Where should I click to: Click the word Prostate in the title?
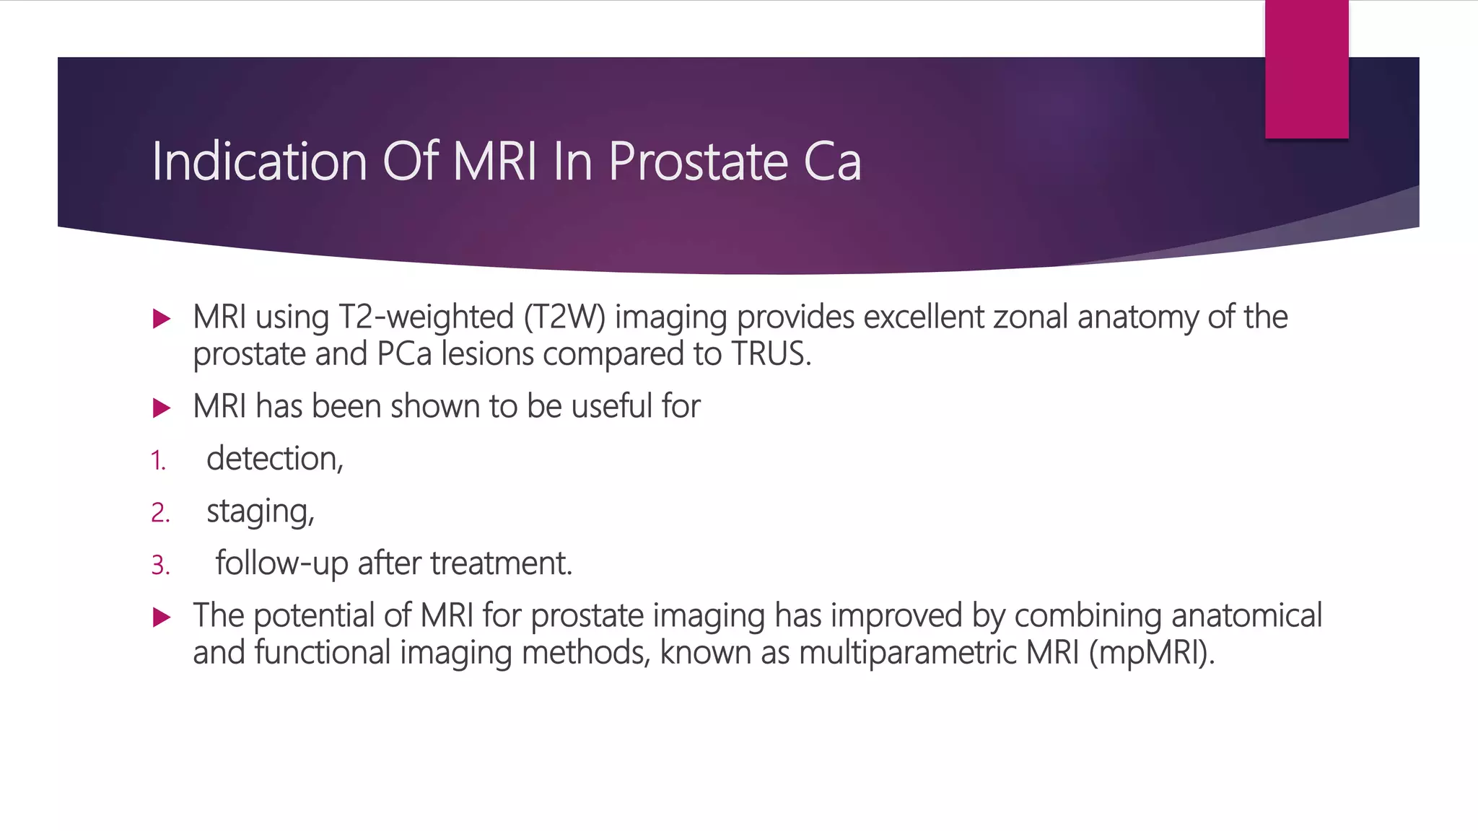coord(698,162)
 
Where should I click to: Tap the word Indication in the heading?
coord(258,162)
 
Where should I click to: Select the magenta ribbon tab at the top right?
coord(1306,69)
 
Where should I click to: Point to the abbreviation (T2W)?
coord(564,317)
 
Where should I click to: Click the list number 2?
coord(160,513)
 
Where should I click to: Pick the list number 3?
coord(160,565)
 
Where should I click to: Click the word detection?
coord(275,459)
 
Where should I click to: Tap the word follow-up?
coord(282,563)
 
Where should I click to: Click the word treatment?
coord(502,563)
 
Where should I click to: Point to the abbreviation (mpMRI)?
coord(1152,653)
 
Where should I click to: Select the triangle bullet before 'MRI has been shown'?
coord(162,408)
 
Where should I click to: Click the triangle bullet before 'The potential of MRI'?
coord(162,617)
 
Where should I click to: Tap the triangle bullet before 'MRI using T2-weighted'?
coord(162,319)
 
